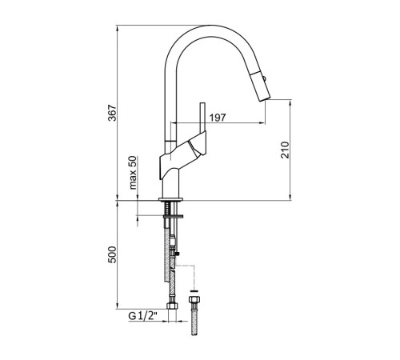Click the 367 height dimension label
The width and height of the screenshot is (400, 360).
(x=113, y=113)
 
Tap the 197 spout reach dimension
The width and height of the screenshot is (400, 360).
(x=218, y=118)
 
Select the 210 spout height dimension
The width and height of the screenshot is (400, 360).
(x=285, y=150)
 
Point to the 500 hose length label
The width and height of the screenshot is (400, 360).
(x=113, y=254)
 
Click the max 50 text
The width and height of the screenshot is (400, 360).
(x=133, y=173)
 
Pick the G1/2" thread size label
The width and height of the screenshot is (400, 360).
(x=143, y=316)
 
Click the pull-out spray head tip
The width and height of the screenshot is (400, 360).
(x=265, y=98)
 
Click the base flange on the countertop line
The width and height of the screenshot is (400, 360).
(x=170, y=199)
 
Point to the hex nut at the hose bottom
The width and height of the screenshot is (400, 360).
(x=172, y=306)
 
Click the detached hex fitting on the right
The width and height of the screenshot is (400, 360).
(x=194, y=299)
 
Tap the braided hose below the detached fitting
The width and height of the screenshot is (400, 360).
(x=194, y=319)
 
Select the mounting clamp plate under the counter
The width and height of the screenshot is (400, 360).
(x=174, y=217)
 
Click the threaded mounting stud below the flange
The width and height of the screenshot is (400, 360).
(x=167, y=208)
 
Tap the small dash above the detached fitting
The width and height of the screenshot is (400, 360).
(x=194, y=290)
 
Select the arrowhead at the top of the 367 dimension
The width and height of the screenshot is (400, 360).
(x=118, y=28)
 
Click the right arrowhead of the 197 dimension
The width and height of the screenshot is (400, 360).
(x=262, y=123)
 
